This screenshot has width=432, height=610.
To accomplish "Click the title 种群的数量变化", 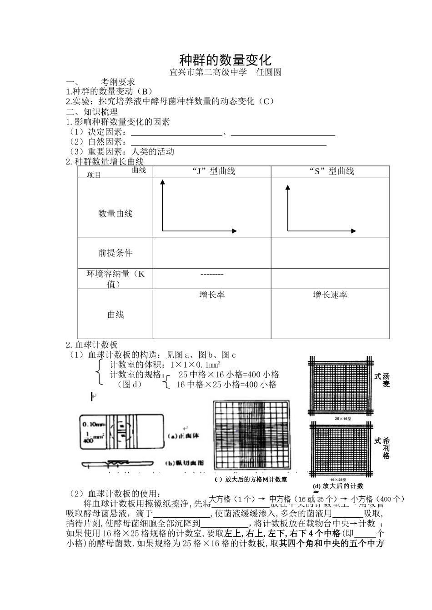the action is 225,60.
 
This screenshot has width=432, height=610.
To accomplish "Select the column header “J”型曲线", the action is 212,171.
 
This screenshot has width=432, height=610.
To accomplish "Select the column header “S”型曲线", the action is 331,171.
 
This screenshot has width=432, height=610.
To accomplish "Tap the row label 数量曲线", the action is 116,213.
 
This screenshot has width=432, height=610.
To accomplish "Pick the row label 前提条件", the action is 116,253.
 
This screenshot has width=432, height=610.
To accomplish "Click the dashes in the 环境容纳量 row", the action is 212,275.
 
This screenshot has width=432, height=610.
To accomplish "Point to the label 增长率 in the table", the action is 212,295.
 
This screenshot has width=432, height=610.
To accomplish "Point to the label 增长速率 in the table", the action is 330,295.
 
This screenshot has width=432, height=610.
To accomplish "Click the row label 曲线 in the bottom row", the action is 116,315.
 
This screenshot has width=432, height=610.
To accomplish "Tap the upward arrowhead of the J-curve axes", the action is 162,182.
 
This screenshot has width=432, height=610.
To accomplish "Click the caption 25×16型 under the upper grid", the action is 341,418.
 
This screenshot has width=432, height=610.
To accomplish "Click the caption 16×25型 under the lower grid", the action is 341,479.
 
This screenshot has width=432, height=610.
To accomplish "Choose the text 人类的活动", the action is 153,152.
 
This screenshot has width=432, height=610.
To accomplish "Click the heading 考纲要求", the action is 118,82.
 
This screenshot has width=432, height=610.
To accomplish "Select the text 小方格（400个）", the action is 377,499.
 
